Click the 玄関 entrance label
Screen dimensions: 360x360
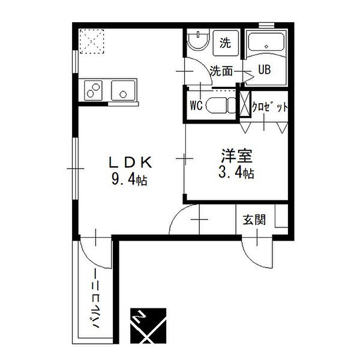(254, 220)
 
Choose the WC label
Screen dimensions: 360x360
(196, 106)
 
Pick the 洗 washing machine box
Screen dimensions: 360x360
(225, 43)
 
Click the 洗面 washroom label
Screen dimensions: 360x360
(221, 70)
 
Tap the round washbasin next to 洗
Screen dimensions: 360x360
(196, 43)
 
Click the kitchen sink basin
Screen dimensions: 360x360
(124, 91)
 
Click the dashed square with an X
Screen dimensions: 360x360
(91, 41)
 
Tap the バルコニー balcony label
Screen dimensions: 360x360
(96, 302)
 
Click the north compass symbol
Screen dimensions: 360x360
(148, 325)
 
